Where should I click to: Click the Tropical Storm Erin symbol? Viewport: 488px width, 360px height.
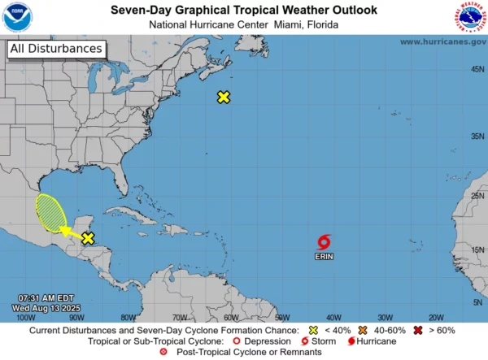click(x=325, y=241)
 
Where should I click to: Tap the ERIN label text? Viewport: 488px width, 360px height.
click(x=324, y=256)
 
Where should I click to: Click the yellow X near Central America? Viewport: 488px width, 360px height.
click(x=88, y=238)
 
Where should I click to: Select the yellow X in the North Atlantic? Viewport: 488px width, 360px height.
click(x=224, y=98)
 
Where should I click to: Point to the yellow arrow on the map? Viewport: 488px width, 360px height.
click(x=70, y=234)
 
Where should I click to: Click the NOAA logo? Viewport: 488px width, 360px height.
click(x=17, y=17)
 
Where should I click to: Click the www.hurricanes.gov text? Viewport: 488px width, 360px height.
click(x=442, y=41)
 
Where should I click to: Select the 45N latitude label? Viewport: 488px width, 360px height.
click(x=477, y=69)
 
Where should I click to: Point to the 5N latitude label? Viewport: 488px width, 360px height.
click(x=477, y=302)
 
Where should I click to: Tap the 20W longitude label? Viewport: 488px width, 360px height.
click(x=435, y=318)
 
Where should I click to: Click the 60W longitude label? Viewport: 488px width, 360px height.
click(x=230, y=318)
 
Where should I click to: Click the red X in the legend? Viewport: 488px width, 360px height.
click(x=418, y=331)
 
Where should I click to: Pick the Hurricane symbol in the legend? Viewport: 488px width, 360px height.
click(x=352, y=341)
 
